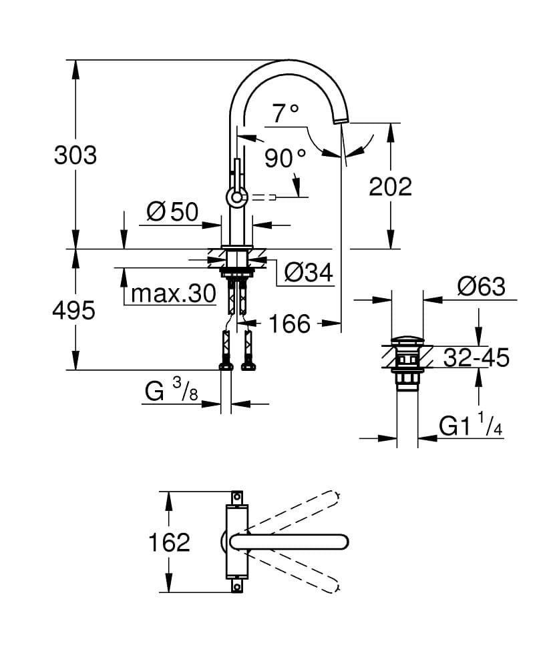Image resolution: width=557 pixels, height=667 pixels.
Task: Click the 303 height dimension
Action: tap(75, 155)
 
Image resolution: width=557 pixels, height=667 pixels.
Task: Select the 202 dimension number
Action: tap(391, 187)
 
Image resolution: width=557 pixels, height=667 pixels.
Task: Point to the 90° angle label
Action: tap(285, 159)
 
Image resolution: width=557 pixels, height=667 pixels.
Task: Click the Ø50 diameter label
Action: tap(172, 212)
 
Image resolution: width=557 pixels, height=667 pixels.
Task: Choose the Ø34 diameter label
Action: tap(308, 272)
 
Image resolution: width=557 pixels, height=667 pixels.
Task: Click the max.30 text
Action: tap(173, 293)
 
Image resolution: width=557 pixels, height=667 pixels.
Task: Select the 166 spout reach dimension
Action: tap(289, 324)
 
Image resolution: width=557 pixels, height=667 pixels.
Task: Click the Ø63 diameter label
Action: tap(481, 287)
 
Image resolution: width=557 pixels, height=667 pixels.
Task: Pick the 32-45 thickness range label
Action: tap(476, 358)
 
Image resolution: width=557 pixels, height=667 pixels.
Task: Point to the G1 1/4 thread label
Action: tap(470, 426)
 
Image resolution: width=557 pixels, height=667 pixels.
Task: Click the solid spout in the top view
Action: tap(294, 541)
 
